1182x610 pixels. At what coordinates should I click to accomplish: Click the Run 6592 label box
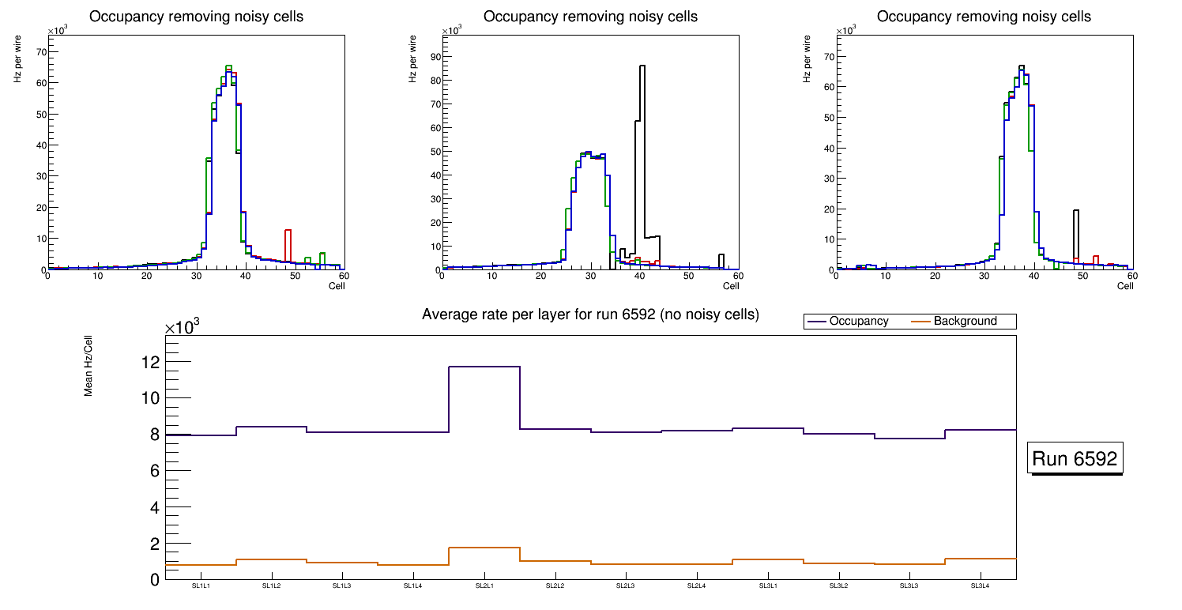click(1075, 459)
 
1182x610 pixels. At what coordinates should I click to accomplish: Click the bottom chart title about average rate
click(590, 314)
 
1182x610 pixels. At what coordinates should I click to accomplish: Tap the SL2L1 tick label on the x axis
click(484, 586)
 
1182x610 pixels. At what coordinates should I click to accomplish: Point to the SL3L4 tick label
click(980, 586)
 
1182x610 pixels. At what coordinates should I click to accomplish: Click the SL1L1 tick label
click(201, 586)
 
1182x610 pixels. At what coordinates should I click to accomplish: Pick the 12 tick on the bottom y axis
click(149, 363)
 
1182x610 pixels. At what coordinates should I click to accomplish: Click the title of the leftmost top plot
click(196, 17)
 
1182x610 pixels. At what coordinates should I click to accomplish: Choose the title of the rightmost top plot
click(984, 17)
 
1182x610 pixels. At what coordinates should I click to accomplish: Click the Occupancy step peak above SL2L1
click(484, 367)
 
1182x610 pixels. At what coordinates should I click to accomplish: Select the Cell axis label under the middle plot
click(731, 286)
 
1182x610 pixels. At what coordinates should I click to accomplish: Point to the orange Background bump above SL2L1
click(484, 548)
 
